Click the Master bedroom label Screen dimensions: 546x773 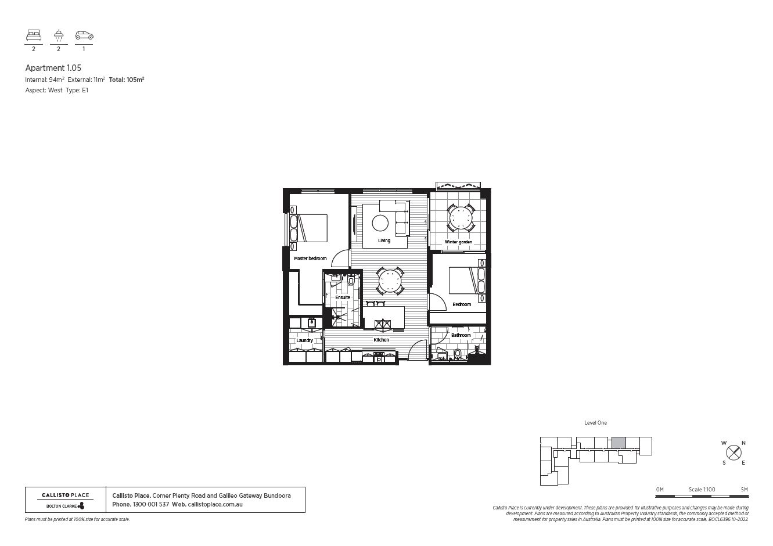coord(310,258)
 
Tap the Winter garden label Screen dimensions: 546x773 coord(458,242)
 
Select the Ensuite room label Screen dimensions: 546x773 coord(343,297)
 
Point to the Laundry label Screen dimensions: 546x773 coord(304,340)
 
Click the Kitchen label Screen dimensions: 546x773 coord(381,340)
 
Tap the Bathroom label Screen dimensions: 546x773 coord(461,335)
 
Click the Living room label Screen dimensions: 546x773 coord(384,240)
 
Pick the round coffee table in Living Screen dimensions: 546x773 coord(380,223)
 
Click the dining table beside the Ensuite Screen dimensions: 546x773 coord(390,282)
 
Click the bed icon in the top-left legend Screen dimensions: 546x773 coord(34,36)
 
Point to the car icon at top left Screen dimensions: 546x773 coord(84,36)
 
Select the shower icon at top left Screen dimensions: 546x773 coord(59,36)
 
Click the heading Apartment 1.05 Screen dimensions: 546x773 coord(53,68)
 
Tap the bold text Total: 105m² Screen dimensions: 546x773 coord(126,80)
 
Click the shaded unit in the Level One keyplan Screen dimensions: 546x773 coord(619,443)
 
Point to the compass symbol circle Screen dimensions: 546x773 coord(734,452)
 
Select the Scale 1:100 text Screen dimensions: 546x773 coord(702,490)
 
